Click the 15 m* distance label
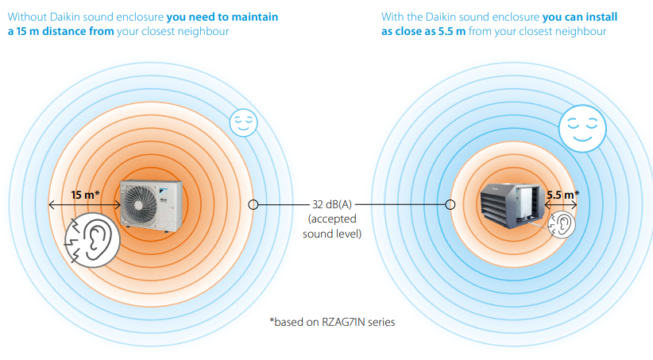point(85,195)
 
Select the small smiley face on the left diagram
point(241,122)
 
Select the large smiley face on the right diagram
point(581,126)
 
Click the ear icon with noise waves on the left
point(92,238)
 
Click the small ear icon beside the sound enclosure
point(561,225)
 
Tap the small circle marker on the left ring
point(253,204)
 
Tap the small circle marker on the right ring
point(450,204)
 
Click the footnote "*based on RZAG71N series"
point(332,322)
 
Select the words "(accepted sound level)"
point(333,226)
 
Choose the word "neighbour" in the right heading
point(580,32)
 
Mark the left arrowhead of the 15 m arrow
point(52,205)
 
